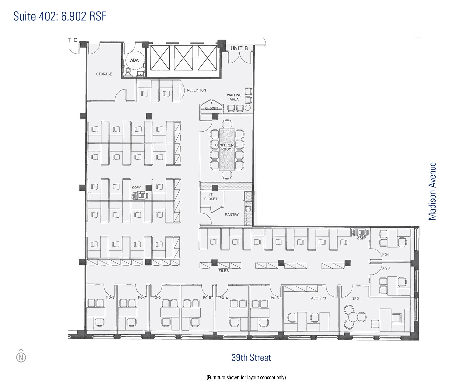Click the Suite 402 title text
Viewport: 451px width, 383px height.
pyautogui.click(x=59, y=16)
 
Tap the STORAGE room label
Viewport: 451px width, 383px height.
pyautogui.click(x=104, y=74)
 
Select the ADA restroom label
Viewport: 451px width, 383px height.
pyautogui.click(x=134, y=60)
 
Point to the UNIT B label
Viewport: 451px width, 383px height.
pyautogui.click(x=239, y=48)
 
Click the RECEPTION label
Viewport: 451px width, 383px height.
pyautogui.click(x=196, y=90)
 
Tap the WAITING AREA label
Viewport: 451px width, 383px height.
pyautogui.click(x=234, y=97)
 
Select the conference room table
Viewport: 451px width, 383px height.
pyautogui.click(x=227, y=149)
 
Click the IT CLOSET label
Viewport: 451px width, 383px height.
pyautogui.click(x=211, y=197)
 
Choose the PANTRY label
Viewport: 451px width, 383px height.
pyautogui.click(x=232, y=215)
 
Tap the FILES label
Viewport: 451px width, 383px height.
pyautogui.click(x=223, y=271)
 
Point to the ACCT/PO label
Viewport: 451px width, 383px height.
pyautogui.click(x=319, y=298)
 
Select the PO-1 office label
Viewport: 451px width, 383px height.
pyautogui.click(x=386, y=254)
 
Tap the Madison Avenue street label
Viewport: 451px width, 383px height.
pyautogui.click(x=432, y=191)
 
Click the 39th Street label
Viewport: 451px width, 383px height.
pyautogui.click(x=251, y=358)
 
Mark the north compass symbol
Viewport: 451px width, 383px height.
pyautogui.click(x=21, y=356)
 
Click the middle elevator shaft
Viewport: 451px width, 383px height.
pyautogui.click(x=183, y=58)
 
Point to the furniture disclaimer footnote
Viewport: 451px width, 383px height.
pyautogui.click(x=246, y=377)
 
